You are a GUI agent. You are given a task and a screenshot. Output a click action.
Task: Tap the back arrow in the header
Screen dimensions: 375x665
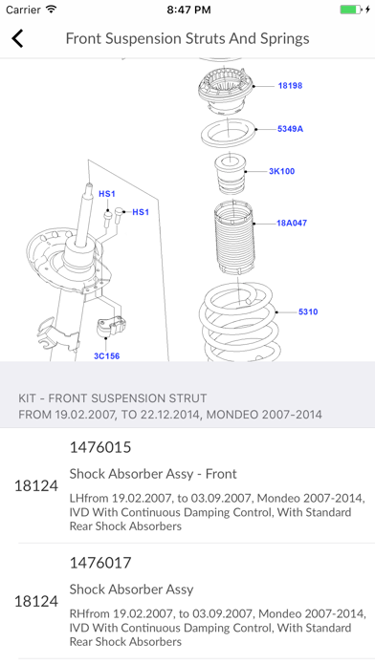coord(17,38)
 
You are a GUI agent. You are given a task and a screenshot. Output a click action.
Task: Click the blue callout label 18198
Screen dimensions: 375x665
coord(290,86)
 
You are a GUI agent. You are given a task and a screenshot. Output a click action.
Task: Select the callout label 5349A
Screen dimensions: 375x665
coord(290,129)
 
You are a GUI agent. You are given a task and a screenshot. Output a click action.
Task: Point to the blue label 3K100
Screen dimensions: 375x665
coord(281,171)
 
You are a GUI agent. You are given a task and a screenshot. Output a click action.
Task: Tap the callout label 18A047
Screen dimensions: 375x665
coord(292,223)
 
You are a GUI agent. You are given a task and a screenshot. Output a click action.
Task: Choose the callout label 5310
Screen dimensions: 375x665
coord(308,311)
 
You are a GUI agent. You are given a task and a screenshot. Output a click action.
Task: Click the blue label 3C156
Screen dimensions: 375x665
coord(106,355)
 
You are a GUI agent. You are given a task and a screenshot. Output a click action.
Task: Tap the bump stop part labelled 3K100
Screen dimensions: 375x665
coord(231,174)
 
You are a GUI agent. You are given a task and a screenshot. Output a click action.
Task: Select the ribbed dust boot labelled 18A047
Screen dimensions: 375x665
coord(233,238)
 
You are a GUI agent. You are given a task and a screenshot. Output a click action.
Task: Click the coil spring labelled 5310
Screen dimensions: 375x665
coord(240,322)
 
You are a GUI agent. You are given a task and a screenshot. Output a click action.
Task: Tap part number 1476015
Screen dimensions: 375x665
coord(100,447)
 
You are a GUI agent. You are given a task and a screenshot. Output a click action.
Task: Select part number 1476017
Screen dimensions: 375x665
coord(100,563)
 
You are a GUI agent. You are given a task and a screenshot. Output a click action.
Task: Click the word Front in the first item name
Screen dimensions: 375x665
coord(221,474)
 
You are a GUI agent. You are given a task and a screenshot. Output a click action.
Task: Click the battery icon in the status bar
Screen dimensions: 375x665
coord(350,10)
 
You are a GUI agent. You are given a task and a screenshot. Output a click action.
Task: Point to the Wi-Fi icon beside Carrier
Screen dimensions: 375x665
coord(52,10)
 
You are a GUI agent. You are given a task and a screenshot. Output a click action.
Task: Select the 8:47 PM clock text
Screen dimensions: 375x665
coord(188,10)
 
